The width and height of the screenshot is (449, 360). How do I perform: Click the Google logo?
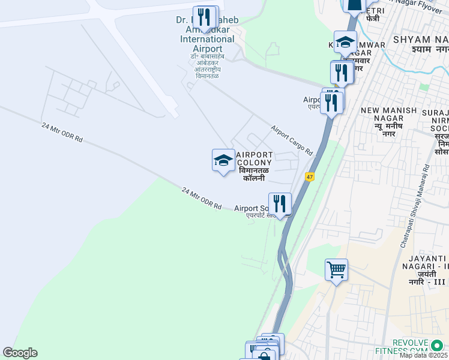click(x=20, y=353)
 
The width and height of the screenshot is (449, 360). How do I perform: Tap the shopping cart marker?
click(x=336, y=269)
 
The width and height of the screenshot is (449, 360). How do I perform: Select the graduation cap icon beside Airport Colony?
click(x=223, y=161)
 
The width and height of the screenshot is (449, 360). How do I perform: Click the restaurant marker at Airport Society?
click(x=279, y=204)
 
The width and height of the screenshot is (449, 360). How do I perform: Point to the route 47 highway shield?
click(x=310, y=177)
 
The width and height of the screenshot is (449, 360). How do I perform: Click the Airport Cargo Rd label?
click(x=292, y=140)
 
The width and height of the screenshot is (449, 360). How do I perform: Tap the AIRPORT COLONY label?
click(x=255, y=158)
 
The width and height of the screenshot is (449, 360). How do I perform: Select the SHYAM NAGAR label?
click(x=420, y=39)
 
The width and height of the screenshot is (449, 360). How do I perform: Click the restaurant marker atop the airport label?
click(x=204, y=17)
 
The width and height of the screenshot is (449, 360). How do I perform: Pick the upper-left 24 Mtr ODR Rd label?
click(x=62, y=133)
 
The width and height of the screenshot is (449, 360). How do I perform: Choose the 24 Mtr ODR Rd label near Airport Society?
click(x=201, y=199)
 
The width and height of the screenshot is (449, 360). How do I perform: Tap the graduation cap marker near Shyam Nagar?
click(x=345, y=42)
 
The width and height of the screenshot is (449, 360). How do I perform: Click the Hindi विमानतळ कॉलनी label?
click(x=255, y=175)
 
